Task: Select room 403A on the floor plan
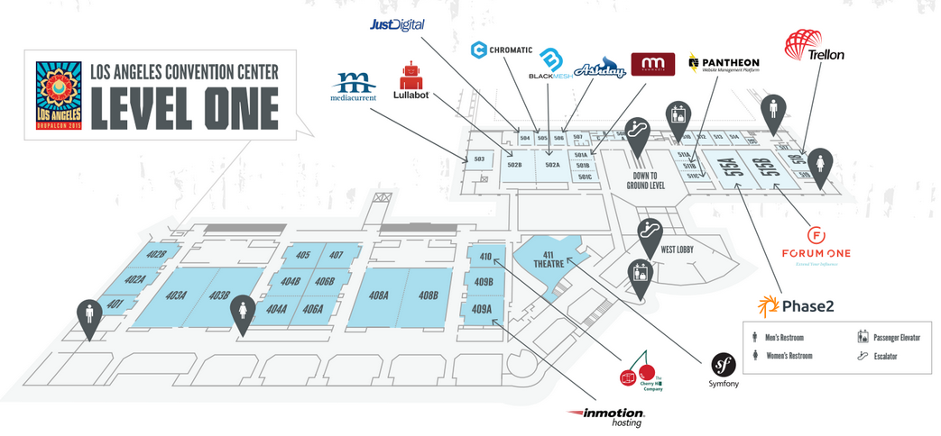coord(175,295)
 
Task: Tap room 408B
coord(428,295)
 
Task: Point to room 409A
coord(482,310)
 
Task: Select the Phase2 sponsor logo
coord(796,306)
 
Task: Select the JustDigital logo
coord(397,24)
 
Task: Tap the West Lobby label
coord(681,249)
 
